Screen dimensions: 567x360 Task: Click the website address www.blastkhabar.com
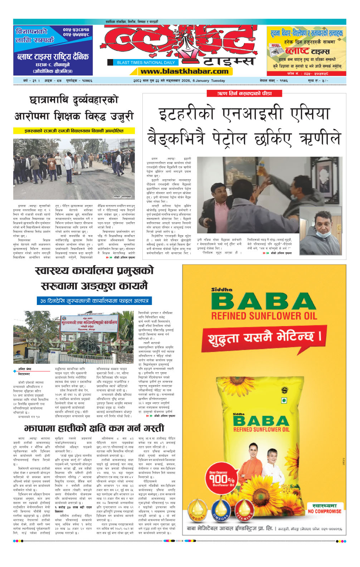point(185,71)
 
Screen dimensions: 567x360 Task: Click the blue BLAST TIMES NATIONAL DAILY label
point(146,62)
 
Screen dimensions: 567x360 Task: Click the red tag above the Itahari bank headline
point(244,93)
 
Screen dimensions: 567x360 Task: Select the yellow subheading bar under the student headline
point(74,131)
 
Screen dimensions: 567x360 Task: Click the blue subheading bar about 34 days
point(94,301)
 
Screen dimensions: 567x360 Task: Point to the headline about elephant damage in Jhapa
point(94,428)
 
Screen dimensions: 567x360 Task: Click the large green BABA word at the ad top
point(264,301)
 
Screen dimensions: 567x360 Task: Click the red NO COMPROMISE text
point(325,511)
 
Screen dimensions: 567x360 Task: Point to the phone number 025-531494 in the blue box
point(76,29)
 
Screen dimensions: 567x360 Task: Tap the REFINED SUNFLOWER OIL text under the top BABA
point(264,316)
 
